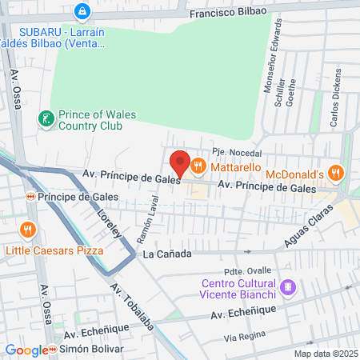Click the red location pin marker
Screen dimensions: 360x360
point(180,164)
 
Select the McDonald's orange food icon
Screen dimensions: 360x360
point(337,172)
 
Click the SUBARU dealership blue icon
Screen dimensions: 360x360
point(81,11)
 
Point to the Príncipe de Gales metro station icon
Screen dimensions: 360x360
point(30,196)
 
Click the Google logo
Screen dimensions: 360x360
point(25,350)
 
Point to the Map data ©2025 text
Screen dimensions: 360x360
point(323,354)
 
